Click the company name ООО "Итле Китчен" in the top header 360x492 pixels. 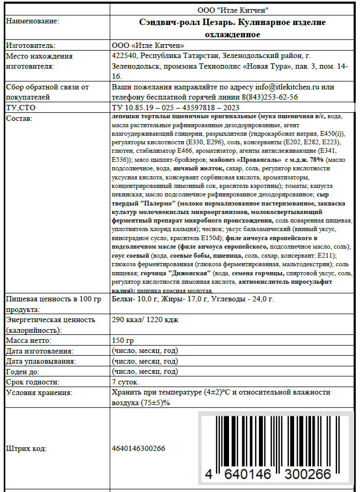(x=233, y=10)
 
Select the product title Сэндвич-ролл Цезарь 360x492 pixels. (x=184, y=22)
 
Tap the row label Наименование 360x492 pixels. (x=32, y=21)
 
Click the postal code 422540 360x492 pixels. (x=125, y=56)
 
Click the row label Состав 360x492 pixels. (x=20, y=118)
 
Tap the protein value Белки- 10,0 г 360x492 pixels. (x=133, y=299)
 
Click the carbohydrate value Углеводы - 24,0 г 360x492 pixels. (x=243, y=299)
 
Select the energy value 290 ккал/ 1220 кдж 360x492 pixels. (x=145, y=319)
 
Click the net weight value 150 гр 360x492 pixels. (x=123, y=340)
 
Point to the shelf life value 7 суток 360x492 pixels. (x=126, y=382)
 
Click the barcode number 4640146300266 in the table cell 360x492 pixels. (x=138, y=448)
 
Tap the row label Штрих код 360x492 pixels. (x=26, y=448)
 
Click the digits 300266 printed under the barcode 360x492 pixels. (x=309, y=473)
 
